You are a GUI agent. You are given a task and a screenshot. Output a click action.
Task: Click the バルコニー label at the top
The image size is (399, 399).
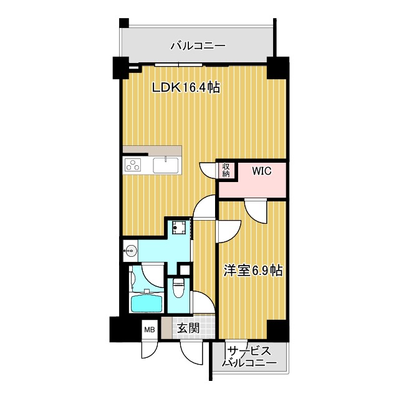coord(198,46)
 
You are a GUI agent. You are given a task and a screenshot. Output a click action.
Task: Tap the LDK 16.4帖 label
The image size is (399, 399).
coord(186,88)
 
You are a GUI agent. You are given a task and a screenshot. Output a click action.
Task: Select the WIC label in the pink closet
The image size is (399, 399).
coord(261,171)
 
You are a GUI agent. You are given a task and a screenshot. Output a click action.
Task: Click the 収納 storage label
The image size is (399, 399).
coord(226,170)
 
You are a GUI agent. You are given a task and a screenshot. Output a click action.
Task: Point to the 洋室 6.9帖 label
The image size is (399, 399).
coord(253,271)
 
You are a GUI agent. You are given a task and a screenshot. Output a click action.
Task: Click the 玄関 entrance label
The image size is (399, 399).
coord(188,328)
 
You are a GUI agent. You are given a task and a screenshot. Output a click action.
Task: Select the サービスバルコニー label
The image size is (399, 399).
coord(249,357)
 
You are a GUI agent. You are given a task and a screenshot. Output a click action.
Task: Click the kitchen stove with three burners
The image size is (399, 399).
coord(134,165)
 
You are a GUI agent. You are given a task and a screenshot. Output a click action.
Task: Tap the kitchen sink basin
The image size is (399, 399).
coord(166,165)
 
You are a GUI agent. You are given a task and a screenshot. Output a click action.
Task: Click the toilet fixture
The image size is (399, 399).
coord(178,289)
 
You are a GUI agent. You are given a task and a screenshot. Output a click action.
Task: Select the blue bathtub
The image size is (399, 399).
coord(147,304)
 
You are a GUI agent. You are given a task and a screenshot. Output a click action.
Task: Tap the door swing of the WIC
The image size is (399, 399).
coord(256,211)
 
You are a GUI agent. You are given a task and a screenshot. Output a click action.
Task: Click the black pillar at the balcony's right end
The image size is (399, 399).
coord(278,67)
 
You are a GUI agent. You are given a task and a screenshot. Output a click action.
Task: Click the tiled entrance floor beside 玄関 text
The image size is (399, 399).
coord(209,328)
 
